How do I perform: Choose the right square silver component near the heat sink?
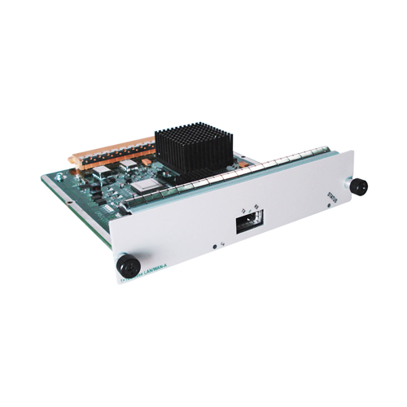(129, 166)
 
